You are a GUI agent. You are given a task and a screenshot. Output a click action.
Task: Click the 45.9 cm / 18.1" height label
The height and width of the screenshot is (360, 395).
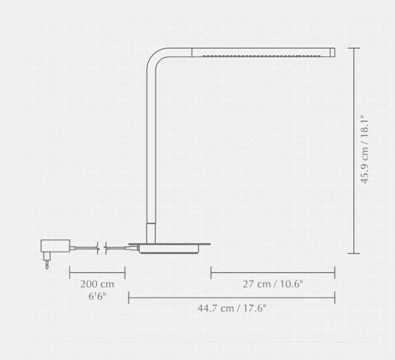point(365,149)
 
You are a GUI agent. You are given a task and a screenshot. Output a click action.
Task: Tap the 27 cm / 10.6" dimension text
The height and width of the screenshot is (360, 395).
point(273,284)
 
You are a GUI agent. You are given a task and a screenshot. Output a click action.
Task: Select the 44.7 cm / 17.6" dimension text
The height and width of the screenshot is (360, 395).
point(232,308)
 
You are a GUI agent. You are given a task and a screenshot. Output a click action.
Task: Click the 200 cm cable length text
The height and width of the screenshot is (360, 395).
point(97,284)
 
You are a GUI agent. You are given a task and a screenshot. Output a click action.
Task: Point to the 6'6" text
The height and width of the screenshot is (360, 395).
point(97,296)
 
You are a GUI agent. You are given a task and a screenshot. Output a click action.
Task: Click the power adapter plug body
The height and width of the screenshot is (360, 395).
point(55,246)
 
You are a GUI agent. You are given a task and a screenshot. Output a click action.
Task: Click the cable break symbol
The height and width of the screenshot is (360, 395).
point(102,248)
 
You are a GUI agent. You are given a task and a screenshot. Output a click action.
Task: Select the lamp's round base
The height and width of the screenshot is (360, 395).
point(169,248)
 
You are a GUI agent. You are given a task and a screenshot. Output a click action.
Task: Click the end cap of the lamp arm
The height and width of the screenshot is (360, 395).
point(332,53)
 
